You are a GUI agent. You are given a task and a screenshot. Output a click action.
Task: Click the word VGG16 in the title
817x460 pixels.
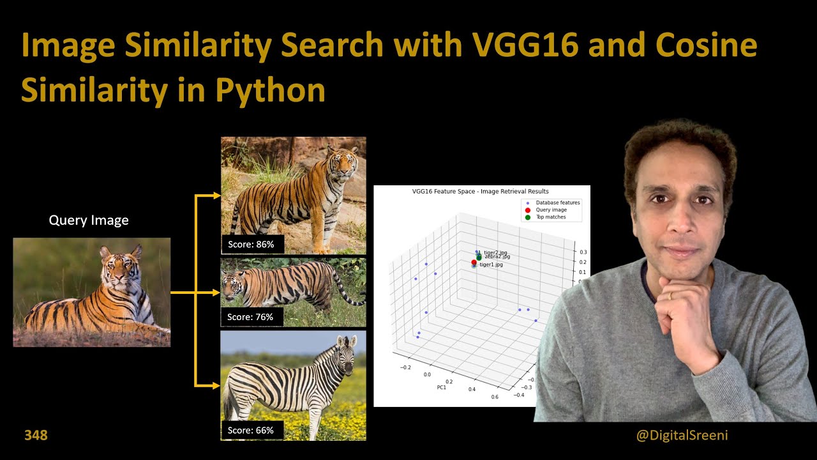522,45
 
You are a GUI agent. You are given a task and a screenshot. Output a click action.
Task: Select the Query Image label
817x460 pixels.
89,220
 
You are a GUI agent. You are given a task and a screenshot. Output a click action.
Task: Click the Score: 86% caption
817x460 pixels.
251,244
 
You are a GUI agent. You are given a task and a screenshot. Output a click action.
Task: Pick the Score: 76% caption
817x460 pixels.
251,317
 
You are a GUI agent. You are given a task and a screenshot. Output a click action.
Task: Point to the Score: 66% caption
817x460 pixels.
251,430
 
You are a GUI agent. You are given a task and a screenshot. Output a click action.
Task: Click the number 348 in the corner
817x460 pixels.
36,435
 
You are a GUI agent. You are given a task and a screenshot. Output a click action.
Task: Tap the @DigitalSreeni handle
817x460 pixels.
682,435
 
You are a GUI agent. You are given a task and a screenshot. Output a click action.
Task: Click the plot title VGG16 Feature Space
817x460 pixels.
481,191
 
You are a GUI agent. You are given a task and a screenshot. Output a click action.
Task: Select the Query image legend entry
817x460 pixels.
551,210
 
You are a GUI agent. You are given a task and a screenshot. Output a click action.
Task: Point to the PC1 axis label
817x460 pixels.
441,387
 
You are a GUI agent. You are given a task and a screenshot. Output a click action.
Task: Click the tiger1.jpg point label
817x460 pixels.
491,264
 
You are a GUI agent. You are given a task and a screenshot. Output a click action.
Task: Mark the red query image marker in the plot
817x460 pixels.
474,263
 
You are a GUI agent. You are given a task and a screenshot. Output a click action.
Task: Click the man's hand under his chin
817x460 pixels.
678,313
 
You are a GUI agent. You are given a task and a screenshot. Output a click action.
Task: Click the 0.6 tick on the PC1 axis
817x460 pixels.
495,397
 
